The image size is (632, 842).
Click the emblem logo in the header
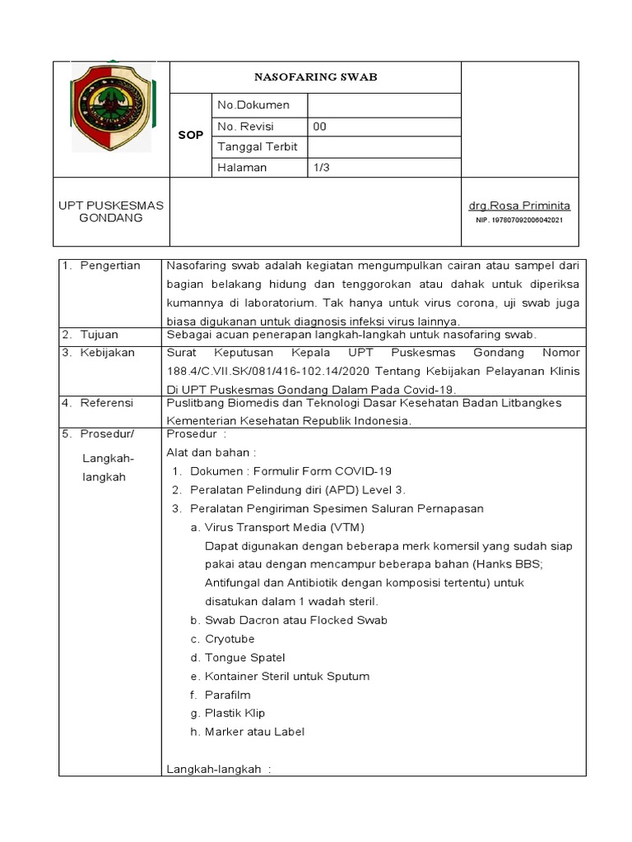tap(111, 108)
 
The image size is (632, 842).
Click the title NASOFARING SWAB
tap(315, 77)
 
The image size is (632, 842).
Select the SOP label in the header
tap(190, 135)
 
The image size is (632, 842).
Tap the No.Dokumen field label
tap(253, 105)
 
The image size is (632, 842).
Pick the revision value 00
tap(320, 126)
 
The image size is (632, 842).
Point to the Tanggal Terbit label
tap(257, 146)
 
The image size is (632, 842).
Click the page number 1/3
tap(321, 167)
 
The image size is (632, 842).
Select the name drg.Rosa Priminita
tap(519, 206)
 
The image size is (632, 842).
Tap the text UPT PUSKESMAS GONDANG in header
tap(111, 211)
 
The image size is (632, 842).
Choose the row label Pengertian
tap(110, 266)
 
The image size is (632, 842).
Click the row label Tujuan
tap(99, 335)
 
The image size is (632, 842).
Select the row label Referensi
tap(107, 403)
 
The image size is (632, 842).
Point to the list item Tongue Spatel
tap(244, 658)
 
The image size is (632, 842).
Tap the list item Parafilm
tap(227, 695)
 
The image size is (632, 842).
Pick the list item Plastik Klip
tap(235, 713)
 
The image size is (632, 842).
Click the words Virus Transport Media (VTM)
tap(284, 527)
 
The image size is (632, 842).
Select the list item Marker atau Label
tap(255, 732)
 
